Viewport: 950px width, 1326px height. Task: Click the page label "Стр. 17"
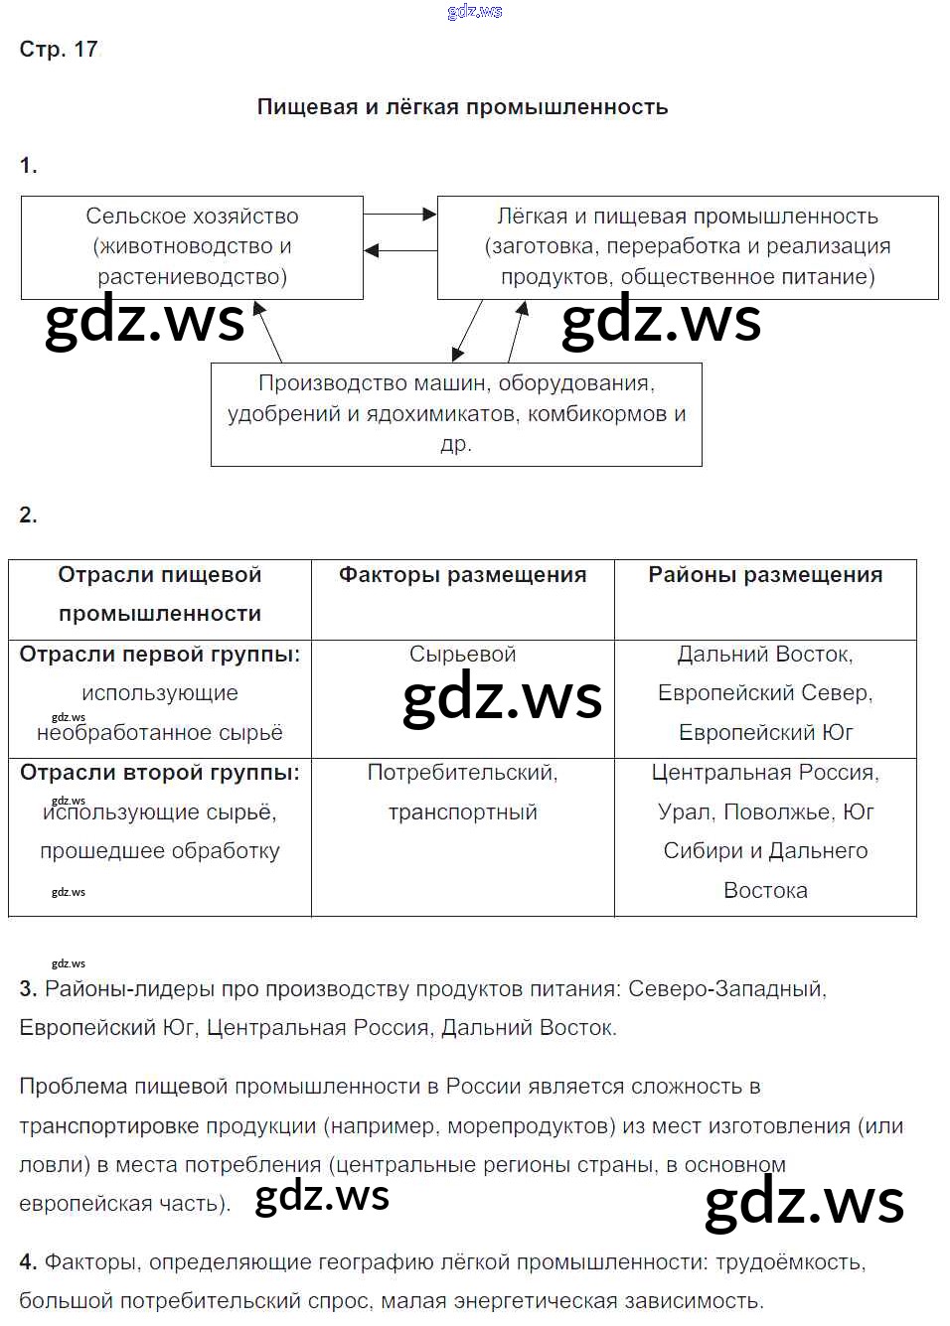[x=59, y=49]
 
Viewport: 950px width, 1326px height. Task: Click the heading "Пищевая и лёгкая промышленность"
[x=462, y=106]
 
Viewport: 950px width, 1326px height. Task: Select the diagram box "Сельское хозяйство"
[x=192, y=246]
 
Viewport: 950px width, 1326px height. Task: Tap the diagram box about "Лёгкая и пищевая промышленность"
[x=687, y=246]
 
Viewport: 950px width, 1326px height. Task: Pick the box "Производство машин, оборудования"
[x=456, y=413]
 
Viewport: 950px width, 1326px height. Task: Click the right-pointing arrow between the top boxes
[x=399, y=214]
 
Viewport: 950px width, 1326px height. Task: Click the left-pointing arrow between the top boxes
[x=399, y=250]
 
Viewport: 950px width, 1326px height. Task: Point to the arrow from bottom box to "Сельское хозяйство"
[x=268, y=332]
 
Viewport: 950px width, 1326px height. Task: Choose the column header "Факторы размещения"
[x=462, y=574]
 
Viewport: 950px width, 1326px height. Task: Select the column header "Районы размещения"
[x=765, y=574]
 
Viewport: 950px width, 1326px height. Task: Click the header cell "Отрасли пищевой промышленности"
[x=160, y=594]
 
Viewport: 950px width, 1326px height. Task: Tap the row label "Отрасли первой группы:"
[x=160, y=654]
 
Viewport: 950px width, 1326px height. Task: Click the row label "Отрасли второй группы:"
[x=160, y=772]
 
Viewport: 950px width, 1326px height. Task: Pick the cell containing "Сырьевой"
[x=462, y=654]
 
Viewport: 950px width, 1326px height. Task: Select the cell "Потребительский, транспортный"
[x=462, y=792]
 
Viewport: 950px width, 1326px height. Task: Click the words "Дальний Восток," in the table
[x=764, y=654]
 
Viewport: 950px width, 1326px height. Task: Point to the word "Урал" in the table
[x=684, y=811]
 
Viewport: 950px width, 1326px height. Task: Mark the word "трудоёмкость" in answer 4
[x=789, y=1261]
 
